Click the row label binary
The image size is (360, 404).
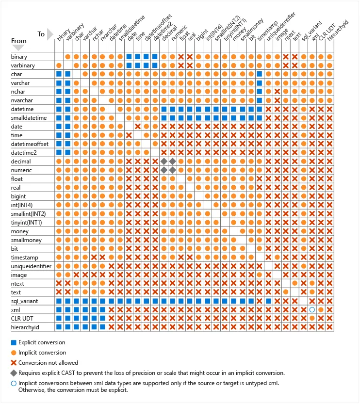point(19,57)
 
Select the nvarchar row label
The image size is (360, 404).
point(22,100)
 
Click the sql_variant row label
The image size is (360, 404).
point(24,301)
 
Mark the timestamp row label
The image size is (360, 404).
point(24,258)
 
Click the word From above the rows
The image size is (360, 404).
point(18,41)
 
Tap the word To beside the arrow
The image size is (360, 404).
point(41,34)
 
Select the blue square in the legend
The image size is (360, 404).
point(14,342)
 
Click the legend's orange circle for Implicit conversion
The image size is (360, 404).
point(14,353)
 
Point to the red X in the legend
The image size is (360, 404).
point(14,363)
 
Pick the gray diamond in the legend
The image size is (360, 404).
point(14,373)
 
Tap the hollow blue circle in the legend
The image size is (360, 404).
point(14,383)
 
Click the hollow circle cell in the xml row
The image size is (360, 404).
point(312,309)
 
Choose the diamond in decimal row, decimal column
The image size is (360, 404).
point(164,161)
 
